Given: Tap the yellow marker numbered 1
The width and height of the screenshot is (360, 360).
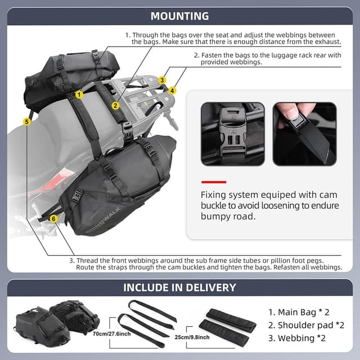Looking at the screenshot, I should [80, 94].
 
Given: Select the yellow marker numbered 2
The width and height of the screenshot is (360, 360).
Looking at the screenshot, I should [115, 105].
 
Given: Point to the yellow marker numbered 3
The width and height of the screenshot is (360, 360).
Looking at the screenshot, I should [162, 80].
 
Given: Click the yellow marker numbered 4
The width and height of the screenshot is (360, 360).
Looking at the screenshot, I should [172, 90].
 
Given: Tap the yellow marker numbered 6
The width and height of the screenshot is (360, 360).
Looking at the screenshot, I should [53, 218].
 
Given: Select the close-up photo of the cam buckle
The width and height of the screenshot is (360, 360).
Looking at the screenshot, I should [232, 134].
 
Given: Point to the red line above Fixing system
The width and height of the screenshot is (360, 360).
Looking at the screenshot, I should [213, 182].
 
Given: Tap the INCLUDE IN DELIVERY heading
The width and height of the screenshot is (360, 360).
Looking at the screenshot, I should [179, 287].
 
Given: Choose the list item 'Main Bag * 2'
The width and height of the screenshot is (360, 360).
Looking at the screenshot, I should [298, 311].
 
